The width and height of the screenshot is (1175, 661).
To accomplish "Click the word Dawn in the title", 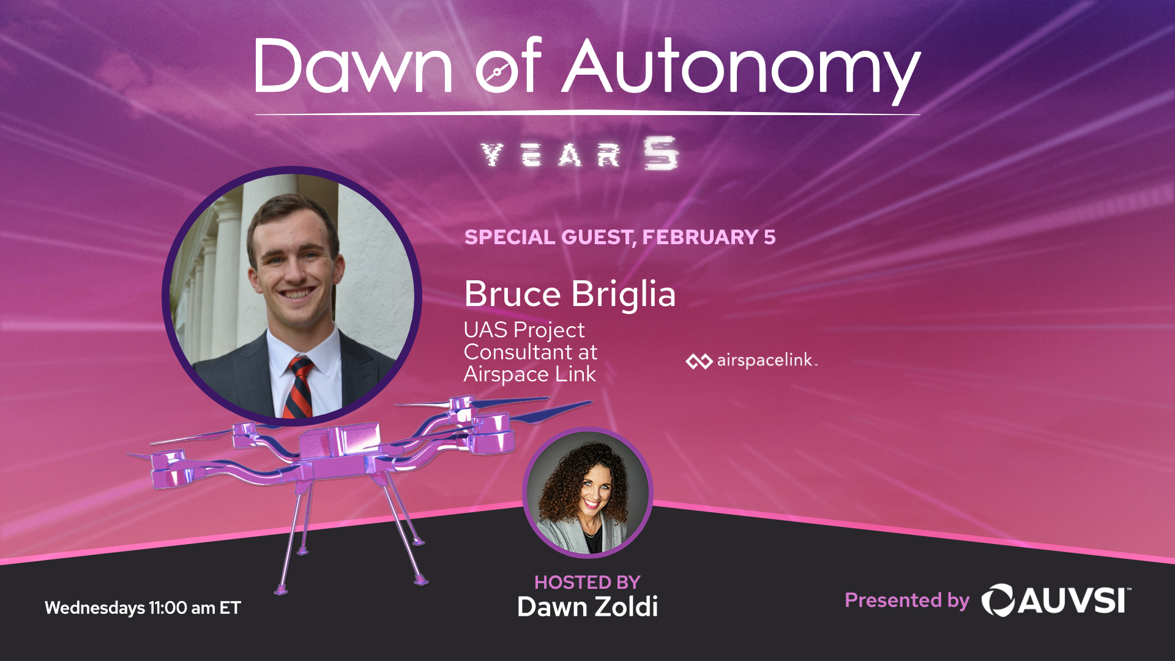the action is coord(353,66).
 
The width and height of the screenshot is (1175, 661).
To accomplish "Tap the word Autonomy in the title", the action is coord(741,70).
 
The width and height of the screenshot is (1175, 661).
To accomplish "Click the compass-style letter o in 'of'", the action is coord(497,72).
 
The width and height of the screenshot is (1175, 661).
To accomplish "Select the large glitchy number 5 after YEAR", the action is coord(660,153).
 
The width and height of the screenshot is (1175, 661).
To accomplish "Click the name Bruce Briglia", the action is coord(570,294).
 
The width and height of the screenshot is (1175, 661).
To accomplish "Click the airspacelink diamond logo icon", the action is coord(699,361).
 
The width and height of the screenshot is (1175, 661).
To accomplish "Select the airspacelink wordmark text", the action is coord(767,360).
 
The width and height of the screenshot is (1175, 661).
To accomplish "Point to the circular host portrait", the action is coord(587,493).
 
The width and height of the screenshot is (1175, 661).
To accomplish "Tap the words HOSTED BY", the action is coord(587,582).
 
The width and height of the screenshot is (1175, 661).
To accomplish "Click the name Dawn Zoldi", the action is coord(587,607).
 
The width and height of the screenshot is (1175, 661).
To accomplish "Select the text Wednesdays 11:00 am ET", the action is coord(143,608).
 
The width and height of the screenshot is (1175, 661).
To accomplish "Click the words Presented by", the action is coord(907,600).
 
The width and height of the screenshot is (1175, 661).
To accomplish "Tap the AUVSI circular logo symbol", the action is coord(998,600).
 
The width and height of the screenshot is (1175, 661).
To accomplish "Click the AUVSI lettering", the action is coord(1073,600).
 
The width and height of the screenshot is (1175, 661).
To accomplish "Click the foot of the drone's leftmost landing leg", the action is coord(281,590).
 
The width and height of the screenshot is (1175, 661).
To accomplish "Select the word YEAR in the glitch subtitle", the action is coord(551,155).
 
